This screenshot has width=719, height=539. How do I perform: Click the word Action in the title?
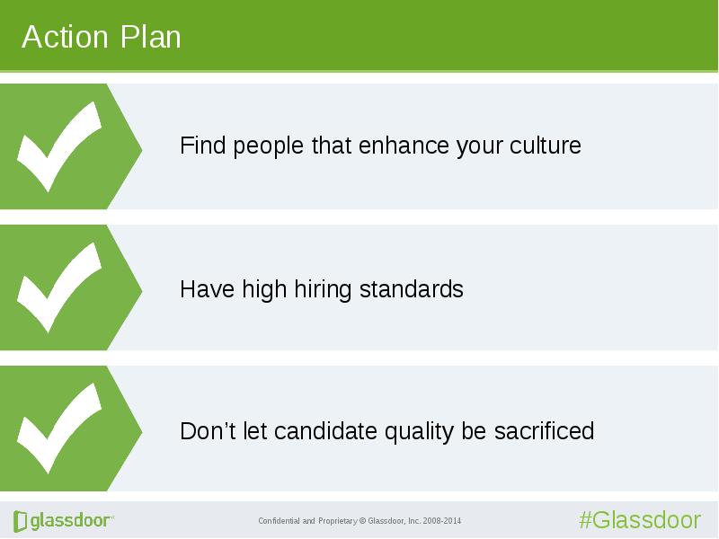65,37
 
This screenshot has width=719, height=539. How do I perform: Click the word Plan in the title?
150,37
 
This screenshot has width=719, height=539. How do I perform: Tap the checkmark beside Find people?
58,146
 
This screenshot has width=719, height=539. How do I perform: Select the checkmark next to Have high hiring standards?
58,287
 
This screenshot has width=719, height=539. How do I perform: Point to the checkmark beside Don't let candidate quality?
58,429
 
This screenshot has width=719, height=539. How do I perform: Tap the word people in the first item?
268,146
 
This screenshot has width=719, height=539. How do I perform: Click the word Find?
202,146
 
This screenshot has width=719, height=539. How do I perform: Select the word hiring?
323,290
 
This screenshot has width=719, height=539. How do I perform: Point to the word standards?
412,289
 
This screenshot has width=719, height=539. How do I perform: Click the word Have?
207,289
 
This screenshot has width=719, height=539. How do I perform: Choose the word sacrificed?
544,431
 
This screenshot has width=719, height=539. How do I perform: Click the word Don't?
208,431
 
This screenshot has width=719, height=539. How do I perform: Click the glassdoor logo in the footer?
64,521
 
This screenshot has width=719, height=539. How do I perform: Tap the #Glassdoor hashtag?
640,520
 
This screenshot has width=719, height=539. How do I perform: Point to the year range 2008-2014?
442,521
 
